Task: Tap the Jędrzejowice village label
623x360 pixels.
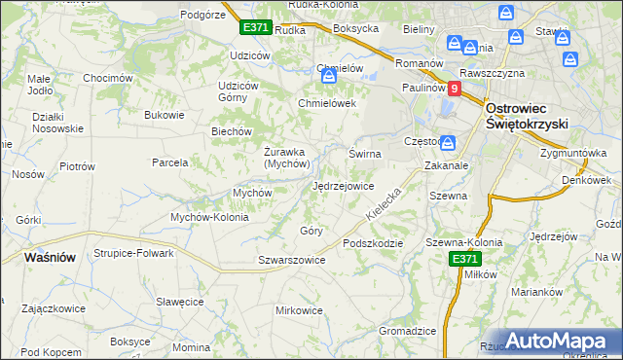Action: pyautogui.click(x=343, y=186)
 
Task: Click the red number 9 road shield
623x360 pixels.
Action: pyautogui.click(x=455, y=88)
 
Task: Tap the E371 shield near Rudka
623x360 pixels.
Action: pyautogui.click(x=255, y=28)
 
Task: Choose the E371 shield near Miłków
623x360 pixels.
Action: pyautogui.click(x=464, y=259)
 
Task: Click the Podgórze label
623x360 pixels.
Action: pyautogui.click(x=203, y=15)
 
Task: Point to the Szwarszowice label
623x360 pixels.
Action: pyautogui.click(x=291, y=260)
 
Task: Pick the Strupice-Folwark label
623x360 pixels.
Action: pyautogui.click(x=133, y=253)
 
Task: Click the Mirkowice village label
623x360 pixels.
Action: pyautogui.click(x=299, y=310)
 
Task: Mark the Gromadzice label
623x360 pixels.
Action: pyautogui.click(x=407, y=331)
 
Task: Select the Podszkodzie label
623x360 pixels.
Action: pyautogui.click(x=372, y=243)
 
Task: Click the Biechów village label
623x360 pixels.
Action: pyautogui.click(x=233, y=131)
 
